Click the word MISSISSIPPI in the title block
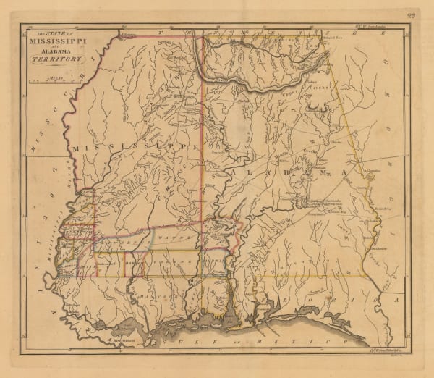point(55,41)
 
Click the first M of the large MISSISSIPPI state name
point(75,149)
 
